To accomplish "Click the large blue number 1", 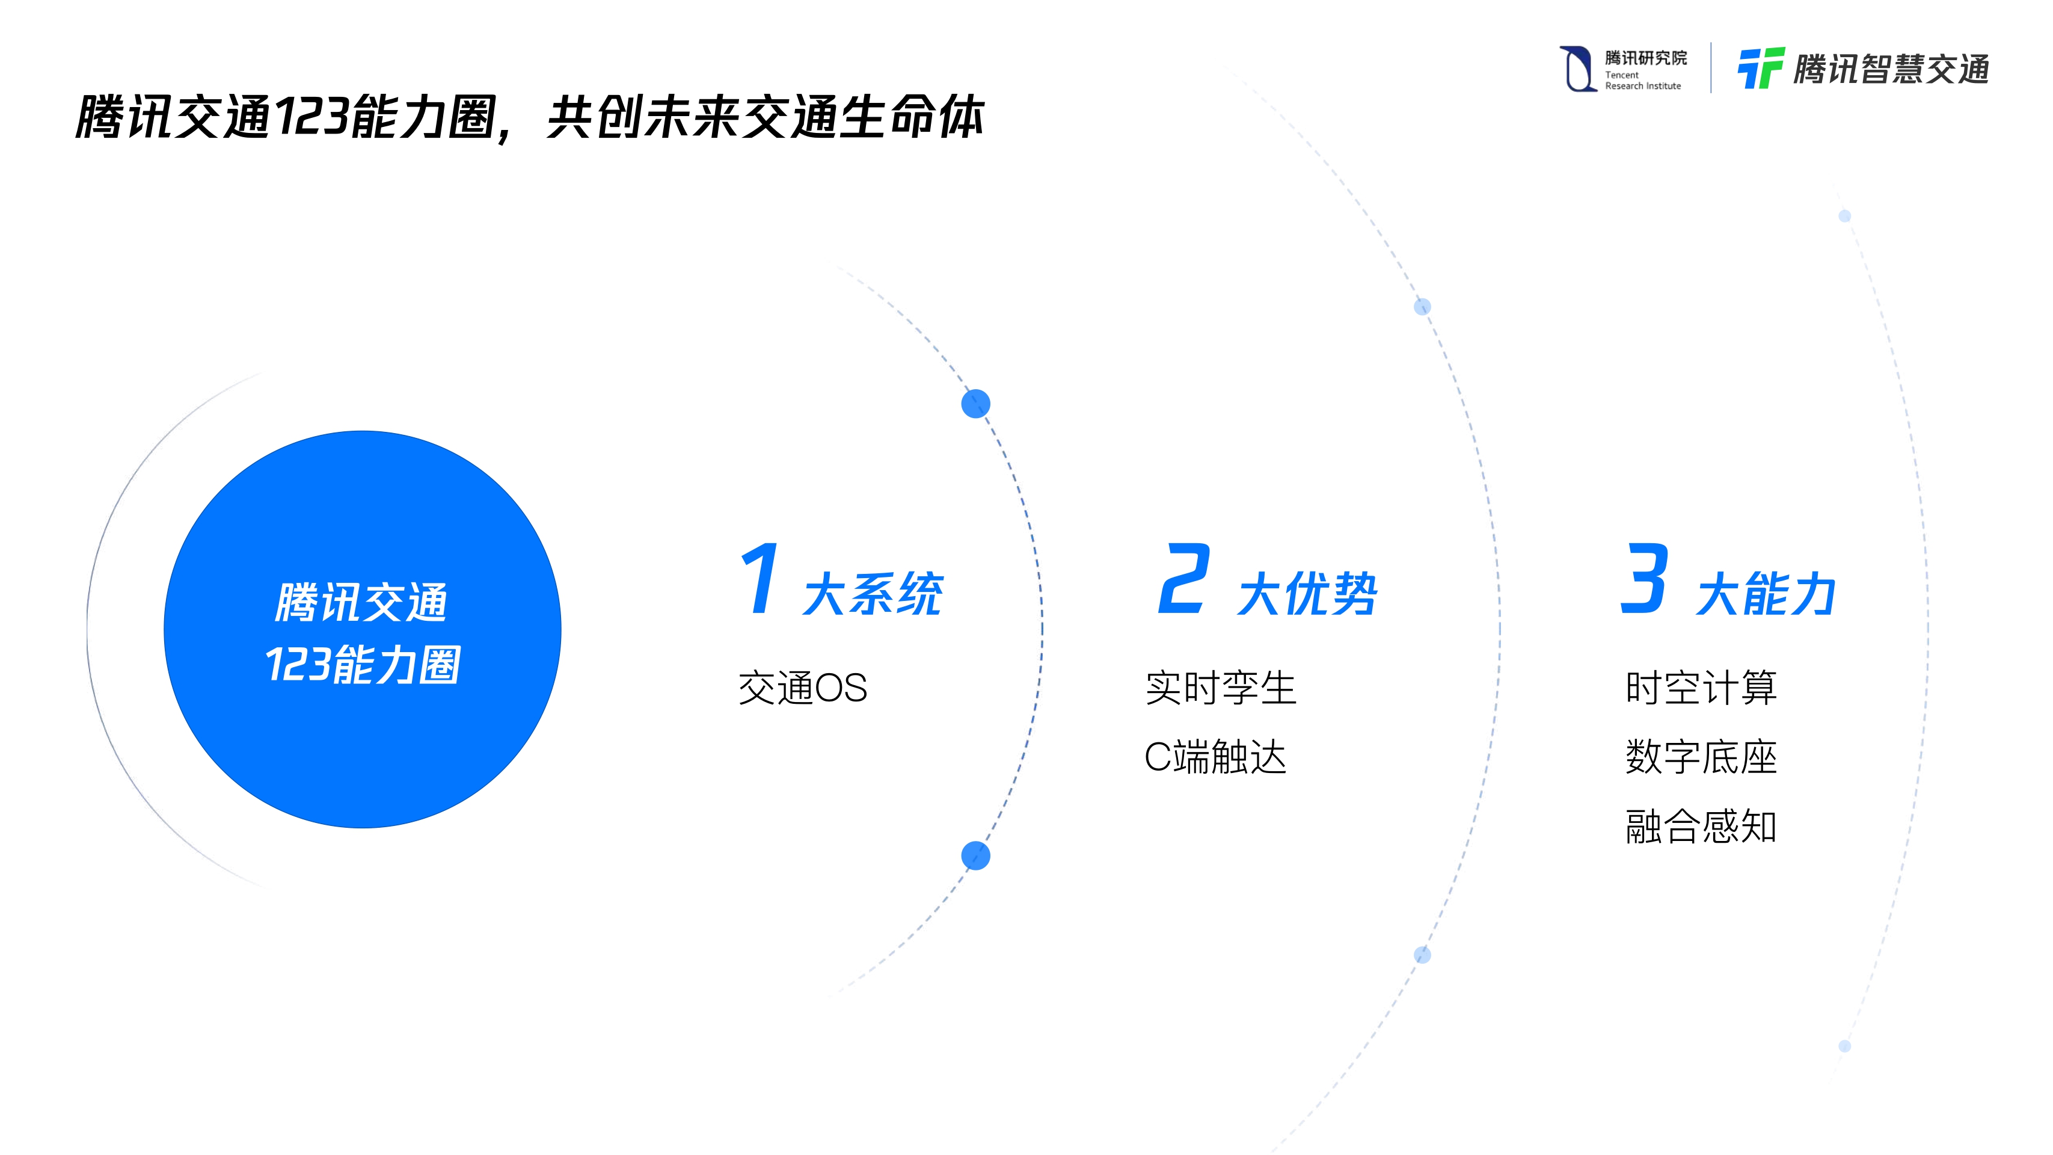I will coord(760,579).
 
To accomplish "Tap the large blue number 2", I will coord(1184,579).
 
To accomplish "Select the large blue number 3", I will coord(1644,579).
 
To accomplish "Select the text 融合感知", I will coord(1701,827).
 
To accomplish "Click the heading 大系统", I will coord(873,594).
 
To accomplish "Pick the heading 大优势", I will coord(1308,594).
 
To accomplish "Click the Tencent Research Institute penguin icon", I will coord(1576,69).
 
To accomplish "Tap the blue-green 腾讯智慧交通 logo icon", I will coord(1760,69).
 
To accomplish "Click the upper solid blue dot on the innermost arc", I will coord(975,404).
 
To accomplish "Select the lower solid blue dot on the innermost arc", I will coord(975,856).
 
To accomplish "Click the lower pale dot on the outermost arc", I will coord(1844,1046).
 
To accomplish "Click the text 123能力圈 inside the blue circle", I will coord(363,665).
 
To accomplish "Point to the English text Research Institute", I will coord(1642,86).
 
